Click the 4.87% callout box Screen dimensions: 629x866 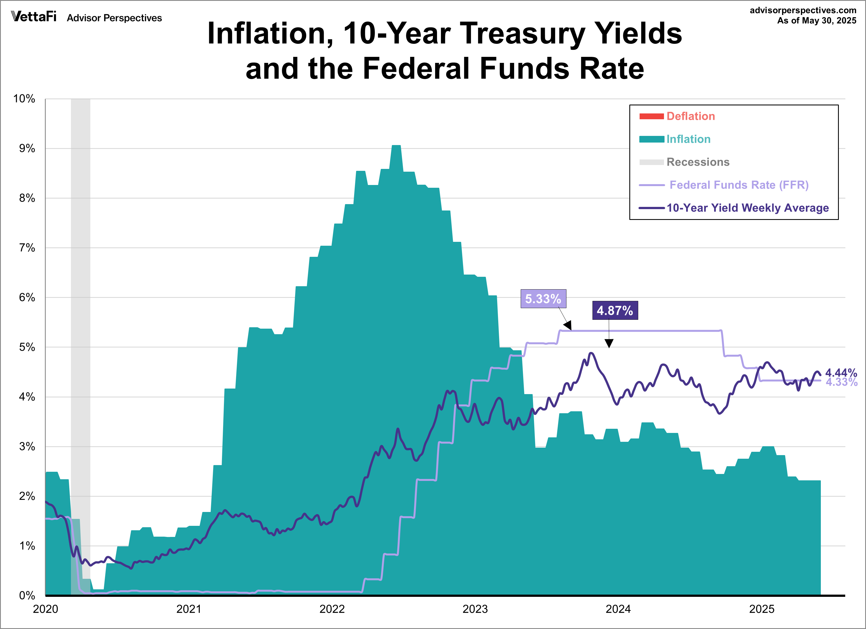(615, 310)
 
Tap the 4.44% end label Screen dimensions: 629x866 (841, 372)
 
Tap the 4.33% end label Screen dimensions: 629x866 (841, 382)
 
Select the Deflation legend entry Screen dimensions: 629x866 (690, 116)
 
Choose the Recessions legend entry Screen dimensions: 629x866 (698, 162)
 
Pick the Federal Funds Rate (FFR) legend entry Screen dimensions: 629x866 (739, 185)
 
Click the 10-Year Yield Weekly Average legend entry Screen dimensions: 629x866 (747, 208)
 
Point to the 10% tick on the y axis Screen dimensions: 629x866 (24, 99)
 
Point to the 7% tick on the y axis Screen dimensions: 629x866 (27, 248)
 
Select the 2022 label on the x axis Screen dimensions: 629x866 (332, 609)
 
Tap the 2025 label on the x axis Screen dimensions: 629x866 (761, 609)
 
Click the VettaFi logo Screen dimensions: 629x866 (34, 17)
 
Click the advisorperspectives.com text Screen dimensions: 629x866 (803, 10)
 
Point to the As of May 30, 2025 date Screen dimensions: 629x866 (816, 21)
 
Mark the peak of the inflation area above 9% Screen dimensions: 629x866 (396, 146)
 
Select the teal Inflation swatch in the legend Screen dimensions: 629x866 (652, 139)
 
